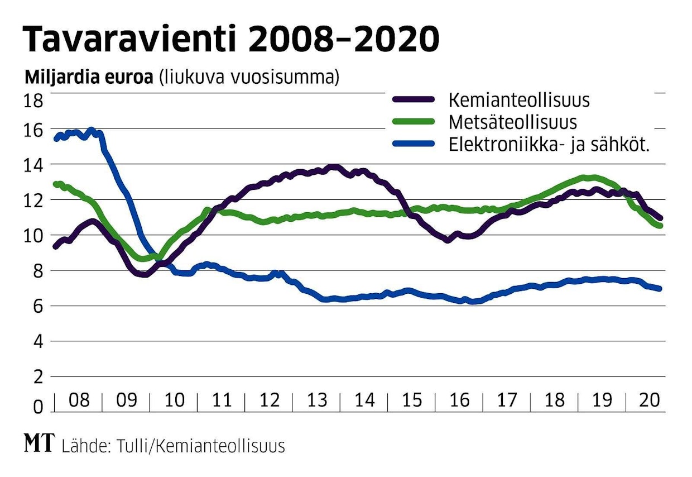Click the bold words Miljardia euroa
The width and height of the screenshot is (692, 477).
88,78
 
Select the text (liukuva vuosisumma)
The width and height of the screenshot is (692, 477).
249,78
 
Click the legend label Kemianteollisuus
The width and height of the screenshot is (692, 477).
519,101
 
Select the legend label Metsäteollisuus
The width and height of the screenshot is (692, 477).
512,122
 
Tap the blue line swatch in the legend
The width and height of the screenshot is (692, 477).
414,144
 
